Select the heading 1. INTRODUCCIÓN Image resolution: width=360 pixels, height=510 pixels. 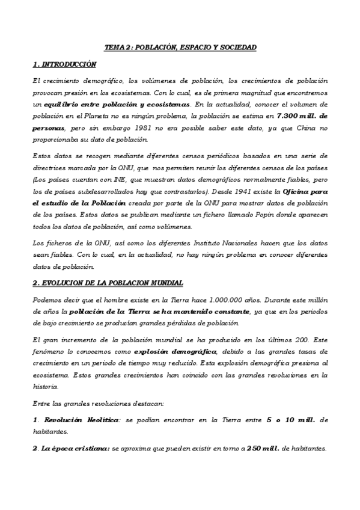tap(64, 64)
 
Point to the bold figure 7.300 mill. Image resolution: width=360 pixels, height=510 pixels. tap(305, 115)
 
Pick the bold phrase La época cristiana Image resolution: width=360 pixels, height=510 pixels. tap(75, 448)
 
